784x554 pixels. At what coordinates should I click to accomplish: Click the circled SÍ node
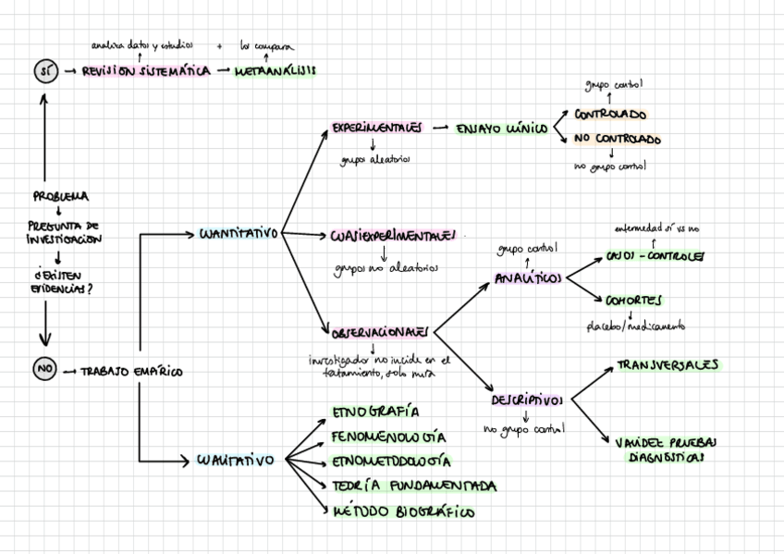44,71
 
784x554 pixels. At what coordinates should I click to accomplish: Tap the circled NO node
44,370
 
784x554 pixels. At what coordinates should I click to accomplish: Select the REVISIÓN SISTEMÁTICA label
146,71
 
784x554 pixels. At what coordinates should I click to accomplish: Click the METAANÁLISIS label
275,71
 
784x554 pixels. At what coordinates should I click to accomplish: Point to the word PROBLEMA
61,196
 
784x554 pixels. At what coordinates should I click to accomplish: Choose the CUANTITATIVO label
239,234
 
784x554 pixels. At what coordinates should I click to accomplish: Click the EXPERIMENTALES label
377,129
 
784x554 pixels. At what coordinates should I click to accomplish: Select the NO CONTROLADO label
618,140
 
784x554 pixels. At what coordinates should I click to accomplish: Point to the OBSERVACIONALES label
380,329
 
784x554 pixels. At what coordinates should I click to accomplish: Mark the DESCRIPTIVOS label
527,400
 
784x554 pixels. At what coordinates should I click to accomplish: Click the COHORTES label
633,301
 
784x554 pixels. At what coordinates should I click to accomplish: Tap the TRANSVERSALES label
668,365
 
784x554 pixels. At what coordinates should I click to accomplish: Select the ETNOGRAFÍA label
375,412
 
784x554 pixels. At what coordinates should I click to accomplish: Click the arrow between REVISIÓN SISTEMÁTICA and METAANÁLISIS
222,71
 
